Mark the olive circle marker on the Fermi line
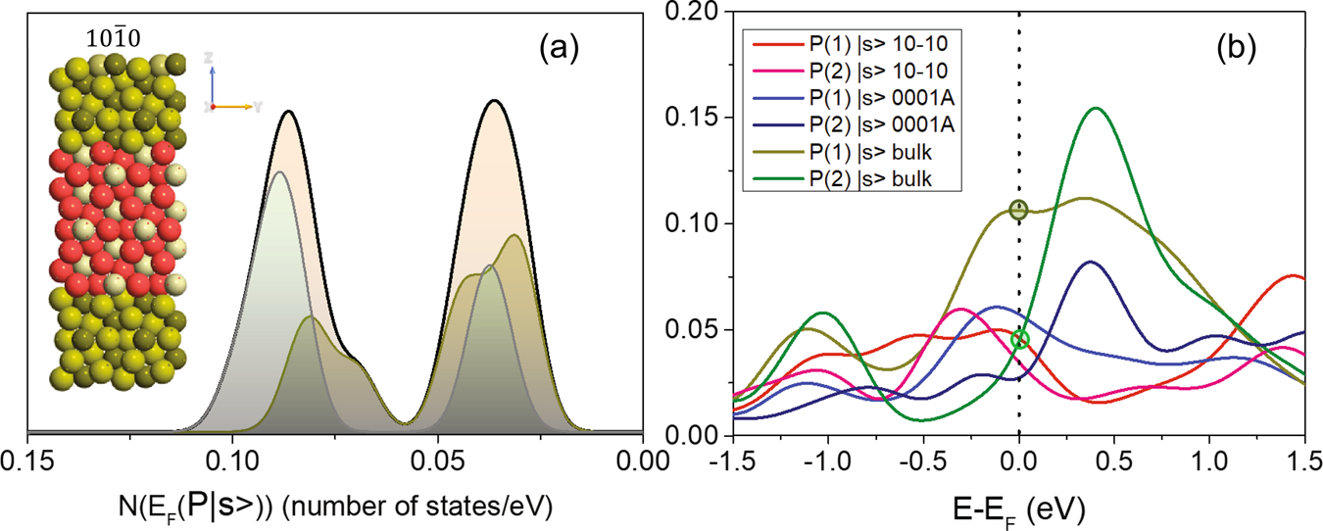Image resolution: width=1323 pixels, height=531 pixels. pos(1019,210)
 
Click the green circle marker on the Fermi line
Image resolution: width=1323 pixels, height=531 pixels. pos(1020,339)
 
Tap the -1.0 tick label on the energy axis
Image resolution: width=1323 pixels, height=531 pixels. pos(828,460)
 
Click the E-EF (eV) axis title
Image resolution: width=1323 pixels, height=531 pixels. pos(1019,507)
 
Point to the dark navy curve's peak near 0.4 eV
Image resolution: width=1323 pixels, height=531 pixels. pos(1090,262)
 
